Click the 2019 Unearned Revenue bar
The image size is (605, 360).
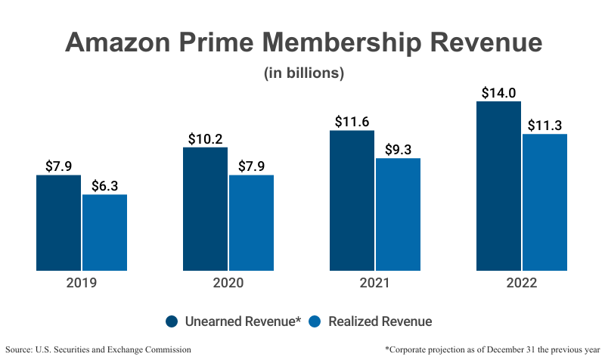(58, 222)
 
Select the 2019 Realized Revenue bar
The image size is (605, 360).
(104, 232)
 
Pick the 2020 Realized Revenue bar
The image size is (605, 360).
(251, 222)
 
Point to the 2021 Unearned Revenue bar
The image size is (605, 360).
(352, 200)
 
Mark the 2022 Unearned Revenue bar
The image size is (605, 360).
(498, 185)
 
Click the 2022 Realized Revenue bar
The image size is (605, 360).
(544, 202)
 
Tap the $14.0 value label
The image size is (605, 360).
(498, 93)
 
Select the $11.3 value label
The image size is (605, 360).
(544, 126)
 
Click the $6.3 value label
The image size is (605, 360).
(104, 186)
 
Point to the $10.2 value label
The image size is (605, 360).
(205, 139)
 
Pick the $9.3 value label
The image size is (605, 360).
(398, 150)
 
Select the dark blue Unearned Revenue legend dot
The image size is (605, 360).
(172, 321)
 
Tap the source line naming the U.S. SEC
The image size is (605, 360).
(98, 349)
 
